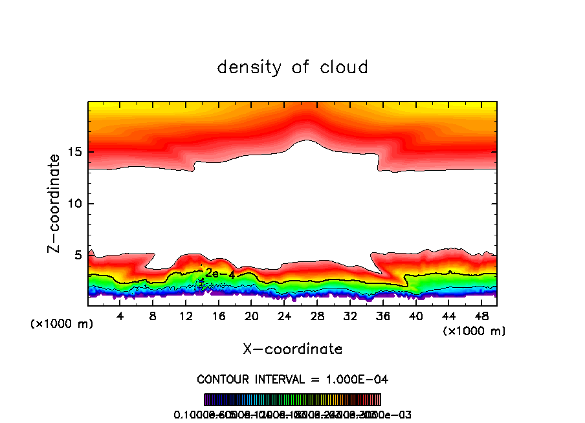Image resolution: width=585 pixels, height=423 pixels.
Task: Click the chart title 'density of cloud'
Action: point(292,67)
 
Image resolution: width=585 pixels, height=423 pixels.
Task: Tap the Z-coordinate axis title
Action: point(55,203)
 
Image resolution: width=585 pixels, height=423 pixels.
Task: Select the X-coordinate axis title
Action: point(292,349)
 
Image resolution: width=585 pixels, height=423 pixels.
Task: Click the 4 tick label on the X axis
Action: point(120,316)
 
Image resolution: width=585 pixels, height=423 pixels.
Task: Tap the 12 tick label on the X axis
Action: point(186,316)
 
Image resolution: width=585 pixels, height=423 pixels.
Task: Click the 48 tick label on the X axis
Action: point(481,316)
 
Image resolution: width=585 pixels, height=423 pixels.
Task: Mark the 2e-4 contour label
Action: point(220,274)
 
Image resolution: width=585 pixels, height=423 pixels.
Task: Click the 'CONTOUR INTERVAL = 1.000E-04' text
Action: point(292,379)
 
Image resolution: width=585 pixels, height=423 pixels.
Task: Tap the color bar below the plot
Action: point(292,400)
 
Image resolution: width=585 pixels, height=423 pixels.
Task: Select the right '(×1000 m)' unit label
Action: point(474,331)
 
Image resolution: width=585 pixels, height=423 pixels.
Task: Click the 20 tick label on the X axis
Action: point(251,316)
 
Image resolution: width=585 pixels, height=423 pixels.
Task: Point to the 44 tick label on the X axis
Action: point(448,316)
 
